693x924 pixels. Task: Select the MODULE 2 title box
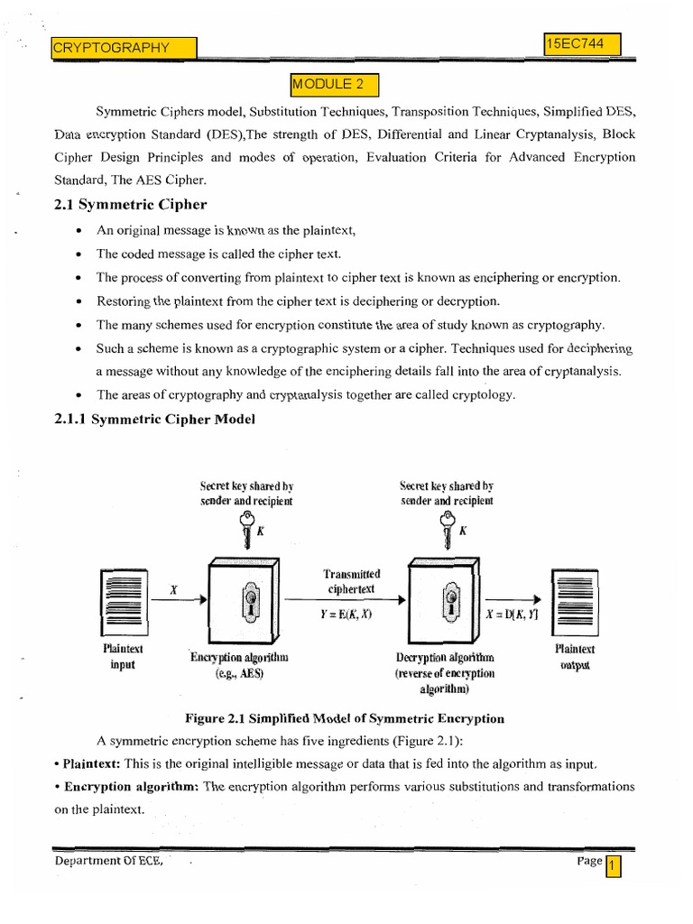point(334,85)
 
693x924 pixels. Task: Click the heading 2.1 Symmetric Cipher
point(131,205)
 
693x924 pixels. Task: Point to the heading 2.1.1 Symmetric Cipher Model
point(155,419)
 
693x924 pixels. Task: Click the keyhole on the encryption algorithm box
point(246,599)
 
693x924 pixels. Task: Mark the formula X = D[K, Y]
point(512,614)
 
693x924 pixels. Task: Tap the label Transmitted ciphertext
point(351,582)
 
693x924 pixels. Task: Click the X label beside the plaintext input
point(173,588)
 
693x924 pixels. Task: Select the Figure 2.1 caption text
point(345,719)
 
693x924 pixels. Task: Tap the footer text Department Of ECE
point(108,862)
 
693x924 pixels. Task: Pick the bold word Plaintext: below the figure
point(88,763)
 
